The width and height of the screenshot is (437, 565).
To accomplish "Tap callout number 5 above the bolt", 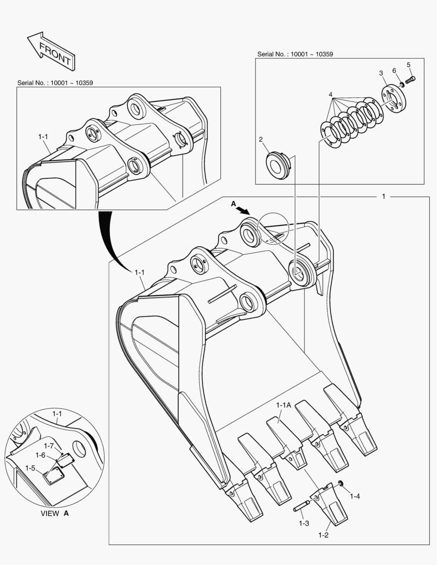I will (409, 65).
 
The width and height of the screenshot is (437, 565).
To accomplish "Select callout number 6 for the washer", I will (394, 70).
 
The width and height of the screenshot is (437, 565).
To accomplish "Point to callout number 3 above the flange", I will (382, 73).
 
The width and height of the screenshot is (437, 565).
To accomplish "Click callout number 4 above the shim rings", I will (330, 94).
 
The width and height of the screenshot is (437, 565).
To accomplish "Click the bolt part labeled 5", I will (411, 80).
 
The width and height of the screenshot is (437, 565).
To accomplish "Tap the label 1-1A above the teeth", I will (284, 404).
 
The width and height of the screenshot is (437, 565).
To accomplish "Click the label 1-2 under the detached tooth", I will (323, 535).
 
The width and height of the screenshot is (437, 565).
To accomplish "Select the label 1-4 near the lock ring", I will (355, 495).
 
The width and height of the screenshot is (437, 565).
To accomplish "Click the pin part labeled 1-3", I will (304, 506).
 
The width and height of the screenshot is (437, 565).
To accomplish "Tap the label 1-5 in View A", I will (30, 467).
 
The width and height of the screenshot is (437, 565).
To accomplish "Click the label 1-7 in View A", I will (49, 445).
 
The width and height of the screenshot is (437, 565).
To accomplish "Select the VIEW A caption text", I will (54, 513).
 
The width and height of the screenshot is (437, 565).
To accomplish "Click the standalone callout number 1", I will (383, 197).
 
